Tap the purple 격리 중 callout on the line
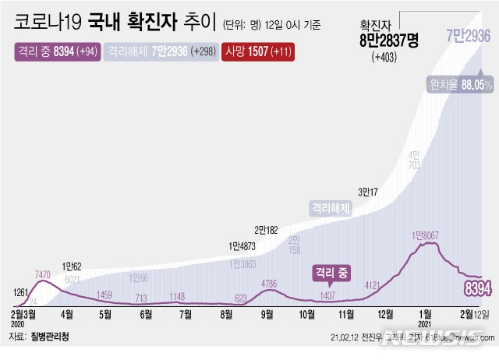(333, 273)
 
